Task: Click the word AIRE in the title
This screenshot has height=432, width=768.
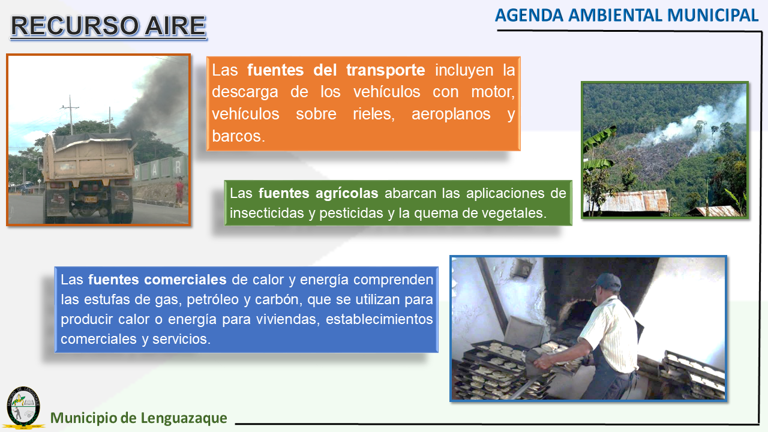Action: (x=175, y=26)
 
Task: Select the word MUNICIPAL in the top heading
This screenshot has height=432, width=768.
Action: (x=713, y=16)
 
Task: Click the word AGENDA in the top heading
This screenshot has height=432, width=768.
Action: (x=529, y=16)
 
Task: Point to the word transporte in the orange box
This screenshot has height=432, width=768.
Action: (x=386, y=70)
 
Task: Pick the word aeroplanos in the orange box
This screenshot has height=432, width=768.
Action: (x=451, y=114)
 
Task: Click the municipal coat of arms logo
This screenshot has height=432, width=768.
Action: (x=23, y=407)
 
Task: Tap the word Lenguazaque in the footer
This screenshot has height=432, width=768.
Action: (x=184, y=418)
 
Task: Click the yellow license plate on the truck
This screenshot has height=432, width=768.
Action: (x=91, y=199)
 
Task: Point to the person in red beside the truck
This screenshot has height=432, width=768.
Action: (x=179, y=191)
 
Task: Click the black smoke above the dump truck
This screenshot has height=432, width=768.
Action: (x=154, y=100)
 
